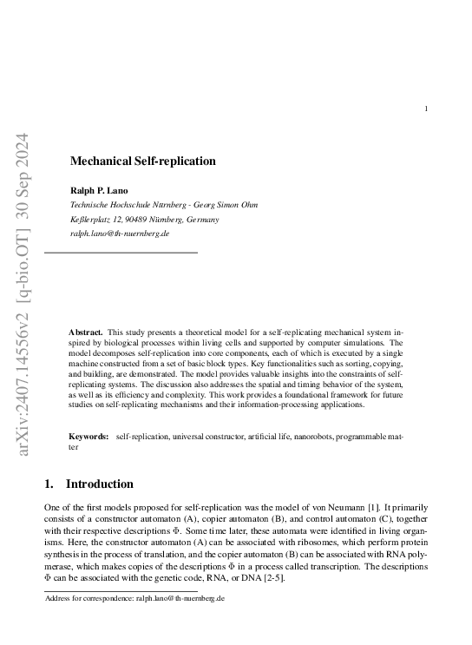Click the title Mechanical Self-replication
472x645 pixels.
[142, 161]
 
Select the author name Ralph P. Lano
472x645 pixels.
[97, 190]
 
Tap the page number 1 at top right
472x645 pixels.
[426, 109]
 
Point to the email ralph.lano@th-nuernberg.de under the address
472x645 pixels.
[119, 234]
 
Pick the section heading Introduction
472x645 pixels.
[100, 484]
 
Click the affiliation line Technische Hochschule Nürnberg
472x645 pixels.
[163, 205]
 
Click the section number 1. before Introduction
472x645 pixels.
[49, 484]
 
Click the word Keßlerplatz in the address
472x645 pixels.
[90, 220]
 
